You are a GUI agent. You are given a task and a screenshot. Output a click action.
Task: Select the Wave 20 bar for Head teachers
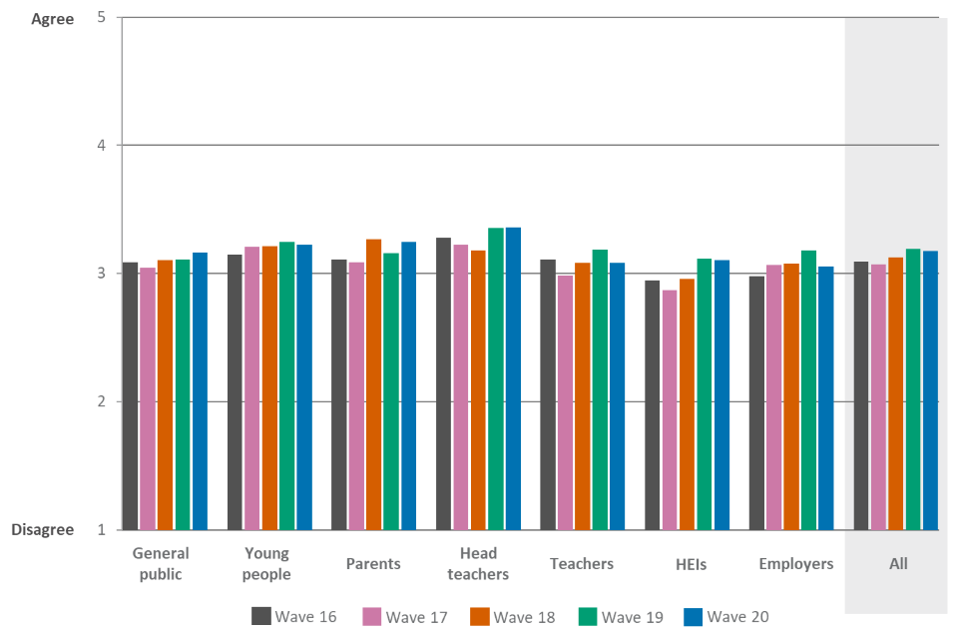(513, 378)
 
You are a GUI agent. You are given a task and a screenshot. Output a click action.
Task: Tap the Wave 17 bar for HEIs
(669, 409)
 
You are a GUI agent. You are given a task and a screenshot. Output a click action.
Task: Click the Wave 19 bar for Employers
(808, 389)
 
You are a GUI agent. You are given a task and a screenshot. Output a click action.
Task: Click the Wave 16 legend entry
(294, 617)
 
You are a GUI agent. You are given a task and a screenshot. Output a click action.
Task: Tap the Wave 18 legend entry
(514, 617)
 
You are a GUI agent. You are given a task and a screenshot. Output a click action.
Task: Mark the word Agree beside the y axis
(53, 19)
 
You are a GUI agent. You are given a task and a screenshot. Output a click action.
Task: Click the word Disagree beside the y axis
(43, 530)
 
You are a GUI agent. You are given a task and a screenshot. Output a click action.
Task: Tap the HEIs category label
(690, 564)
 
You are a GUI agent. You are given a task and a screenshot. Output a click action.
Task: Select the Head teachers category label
(478, 563)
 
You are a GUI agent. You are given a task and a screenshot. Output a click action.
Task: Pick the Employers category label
(795, 564)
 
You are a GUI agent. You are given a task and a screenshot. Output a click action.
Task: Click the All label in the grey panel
(898, 564)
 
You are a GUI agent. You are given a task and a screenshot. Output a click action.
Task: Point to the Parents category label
(373, 564)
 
